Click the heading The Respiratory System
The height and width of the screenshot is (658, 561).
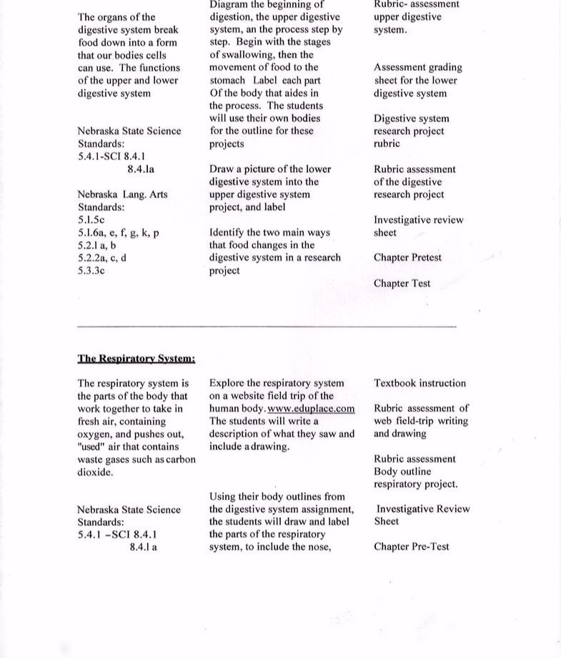click(x=136, y=359)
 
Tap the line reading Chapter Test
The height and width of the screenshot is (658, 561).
click(x=402, y=284)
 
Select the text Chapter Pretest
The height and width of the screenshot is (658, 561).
click(x=407, y=258)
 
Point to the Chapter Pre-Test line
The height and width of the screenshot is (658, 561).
click(x=411, y=547)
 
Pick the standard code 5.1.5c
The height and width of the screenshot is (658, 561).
click(x=91, y=220)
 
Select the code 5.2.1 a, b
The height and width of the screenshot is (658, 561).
click(x=97, y=246)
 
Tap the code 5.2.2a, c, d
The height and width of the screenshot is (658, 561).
click(x=102, y=259)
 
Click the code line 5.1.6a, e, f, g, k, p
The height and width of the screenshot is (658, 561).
click(x=118, y=233)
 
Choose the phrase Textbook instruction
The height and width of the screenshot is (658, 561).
click(x=419, y=383)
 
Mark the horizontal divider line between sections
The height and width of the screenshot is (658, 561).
click(x=266, y=326)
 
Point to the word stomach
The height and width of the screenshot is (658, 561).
click(x=227, y=81)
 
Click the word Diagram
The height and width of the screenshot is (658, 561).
click(x=231, y=4)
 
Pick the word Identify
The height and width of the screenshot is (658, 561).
click(x=229, y=233)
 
